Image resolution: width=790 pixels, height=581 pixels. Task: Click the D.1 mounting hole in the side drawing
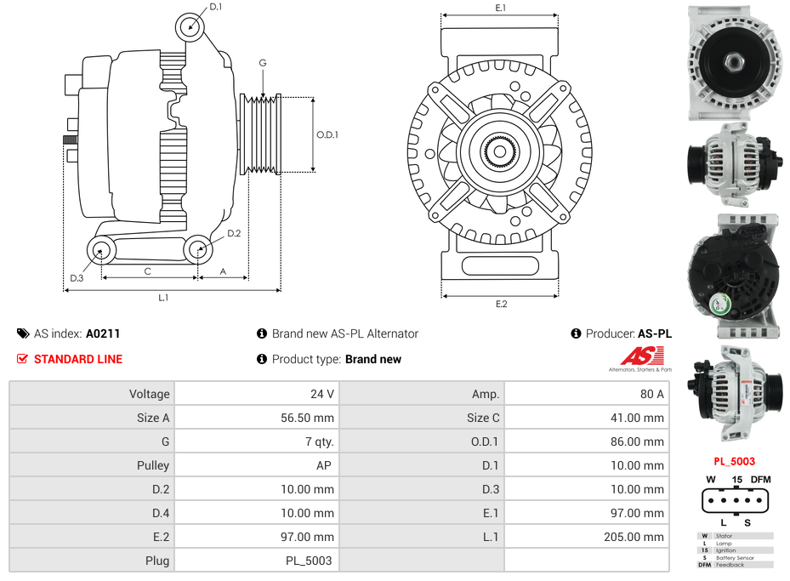coord(190,27)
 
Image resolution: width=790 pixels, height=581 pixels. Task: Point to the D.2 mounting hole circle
coord(198,249)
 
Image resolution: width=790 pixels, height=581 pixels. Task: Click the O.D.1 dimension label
coord(327,134)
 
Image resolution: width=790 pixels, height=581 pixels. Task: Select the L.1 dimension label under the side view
coord(163,298)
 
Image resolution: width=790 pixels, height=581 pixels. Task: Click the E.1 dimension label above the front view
coord(501,8)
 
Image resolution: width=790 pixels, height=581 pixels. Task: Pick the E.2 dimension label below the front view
coord(501,304)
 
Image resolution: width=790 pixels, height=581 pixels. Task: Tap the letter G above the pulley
coord(263,64)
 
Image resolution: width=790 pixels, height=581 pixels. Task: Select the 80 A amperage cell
coord(652,394)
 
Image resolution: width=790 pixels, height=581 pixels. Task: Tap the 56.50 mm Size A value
coord(307,418)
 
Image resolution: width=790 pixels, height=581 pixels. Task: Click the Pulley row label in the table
coord(153,465)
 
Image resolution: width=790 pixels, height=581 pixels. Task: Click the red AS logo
coord(635,356)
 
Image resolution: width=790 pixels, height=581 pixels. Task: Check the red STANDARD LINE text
coord(77,359)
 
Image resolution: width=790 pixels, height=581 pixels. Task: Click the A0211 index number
coord(103,333)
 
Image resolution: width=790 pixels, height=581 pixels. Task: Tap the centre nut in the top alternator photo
coord(734,61)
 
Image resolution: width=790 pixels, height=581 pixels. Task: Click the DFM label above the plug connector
coord(760,480)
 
